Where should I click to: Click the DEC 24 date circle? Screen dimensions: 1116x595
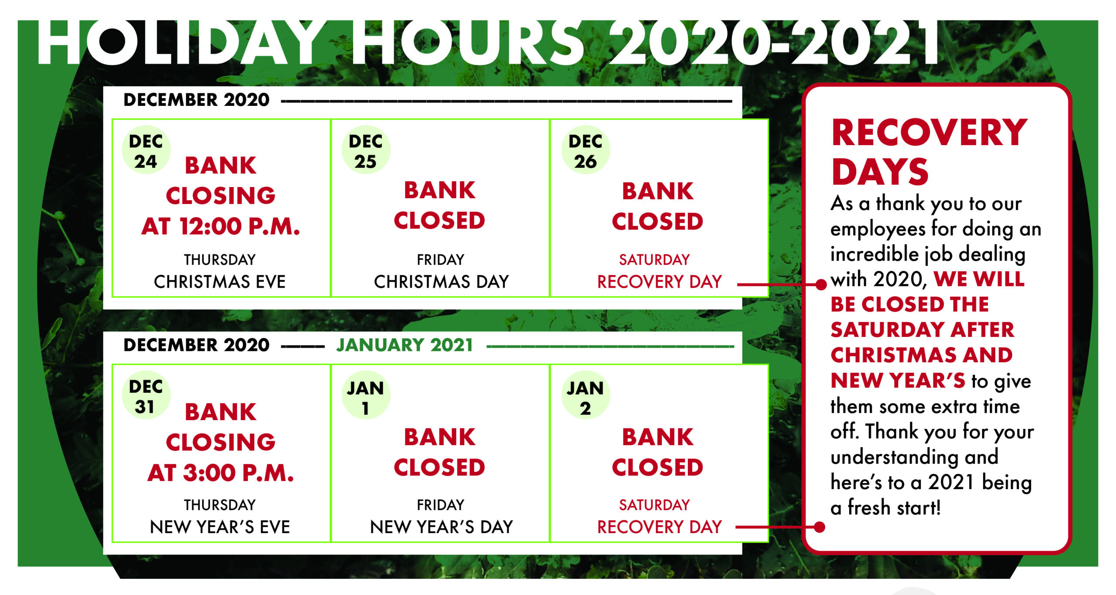coord(146,150)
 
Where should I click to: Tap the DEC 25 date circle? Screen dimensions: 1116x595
coord(366,150)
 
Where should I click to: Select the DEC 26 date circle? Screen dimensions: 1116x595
coord(585,150)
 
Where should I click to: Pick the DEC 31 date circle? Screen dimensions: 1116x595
coord(146,395)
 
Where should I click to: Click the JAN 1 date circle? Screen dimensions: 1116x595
coord(366,395)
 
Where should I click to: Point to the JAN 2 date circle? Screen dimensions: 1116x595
coord(585,395)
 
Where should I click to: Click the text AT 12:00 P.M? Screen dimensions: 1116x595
coord(221,227)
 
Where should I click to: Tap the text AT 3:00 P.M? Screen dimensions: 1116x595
coord(221,473)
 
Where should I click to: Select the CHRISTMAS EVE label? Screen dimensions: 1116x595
coord(220,282)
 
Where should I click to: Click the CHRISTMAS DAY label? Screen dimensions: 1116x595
coord(441,282)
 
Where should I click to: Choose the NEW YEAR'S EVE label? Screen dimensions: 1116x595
coord(220,527)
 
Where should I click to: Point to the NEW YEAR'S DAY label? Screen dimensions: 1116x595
coord(441,527)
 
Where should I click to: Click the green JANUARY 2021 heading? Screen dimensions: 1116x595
coord(405,345)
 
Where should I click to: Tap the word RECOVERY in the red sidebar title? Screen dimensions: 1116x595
coord(929,133)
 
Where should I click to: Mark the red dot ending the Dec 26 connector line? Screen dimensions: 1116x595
coord(821,285)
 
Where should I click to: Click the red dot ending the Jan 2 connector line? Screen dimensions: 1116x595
coord(820,527)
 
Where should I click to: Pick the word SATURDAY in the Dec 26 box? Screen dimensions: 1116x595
coord(654,260)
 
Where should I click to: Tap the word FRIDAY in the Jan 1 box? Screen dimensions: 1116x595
coord(441,505)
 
